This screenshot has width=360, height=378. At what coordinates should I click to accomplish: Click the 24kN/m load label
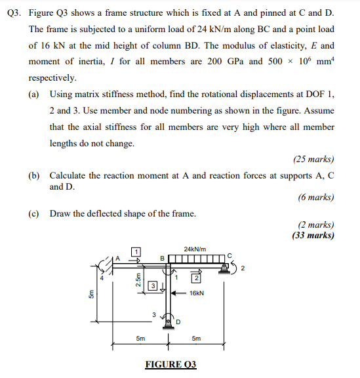point(195,249)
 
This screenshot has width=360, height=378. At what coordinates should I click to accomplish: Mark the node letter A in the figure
point(119,258)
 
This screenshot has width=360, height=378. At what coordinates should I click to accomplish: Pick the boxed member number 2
point(195,280)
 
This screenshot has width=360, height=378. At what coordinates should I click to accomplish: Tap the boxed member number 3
point(151,285)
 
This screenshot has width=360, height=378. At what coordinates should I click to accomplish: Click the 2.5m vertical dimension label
point(138,280)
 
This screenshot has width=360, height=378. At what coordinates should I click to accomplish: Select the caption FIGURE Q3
point(170,364)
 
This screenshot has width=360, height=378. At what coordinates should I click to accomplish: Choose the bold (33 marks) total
point(313,235)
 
